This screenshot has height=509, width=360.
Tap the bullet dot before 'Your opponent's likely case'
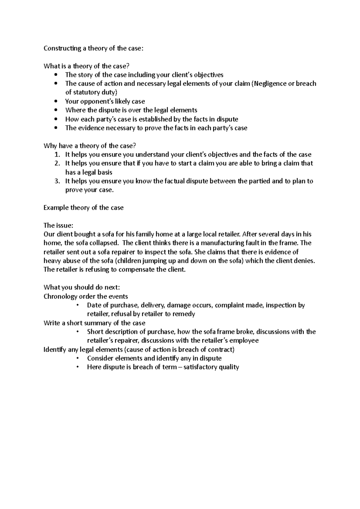coord(56,101)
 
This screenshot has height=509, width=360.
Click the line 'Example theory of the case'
coord(83,208)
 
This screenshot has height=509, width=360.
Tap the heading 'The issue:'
coord(58,225)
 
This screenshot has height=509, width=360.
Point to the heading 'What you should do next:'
coord(82,287)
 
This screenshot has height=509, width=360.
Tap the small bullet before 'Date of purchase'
coord(78,305)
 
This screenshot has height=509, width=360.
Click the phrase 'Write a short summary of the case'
coord(94,323)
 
